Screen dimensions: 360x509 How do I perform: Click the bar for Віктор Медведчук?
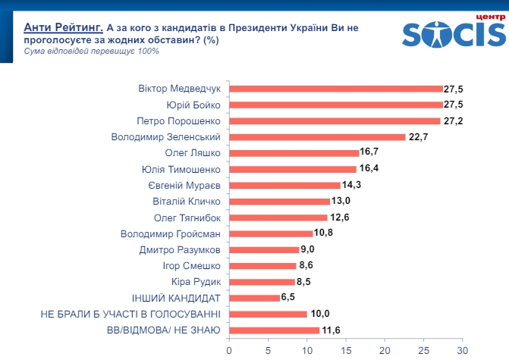335,88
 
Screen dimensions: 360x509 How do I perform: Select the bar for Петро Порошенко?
335,121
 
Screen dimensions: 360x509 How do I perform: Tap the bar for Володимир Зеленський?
317,136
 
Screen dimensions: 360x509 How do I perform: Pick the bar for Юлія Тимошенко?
293,169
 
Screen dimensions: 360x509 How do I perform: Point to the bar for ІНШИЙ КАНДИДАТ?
254,298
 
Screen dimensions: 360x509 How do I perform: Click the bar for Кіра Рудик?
262,281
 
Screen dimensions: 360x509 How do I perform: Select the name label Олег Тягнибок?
187,218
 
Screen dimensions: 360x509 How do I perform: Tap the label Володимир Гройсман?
171,233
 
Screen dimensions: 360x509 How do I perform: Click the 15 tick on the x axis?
346,351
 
